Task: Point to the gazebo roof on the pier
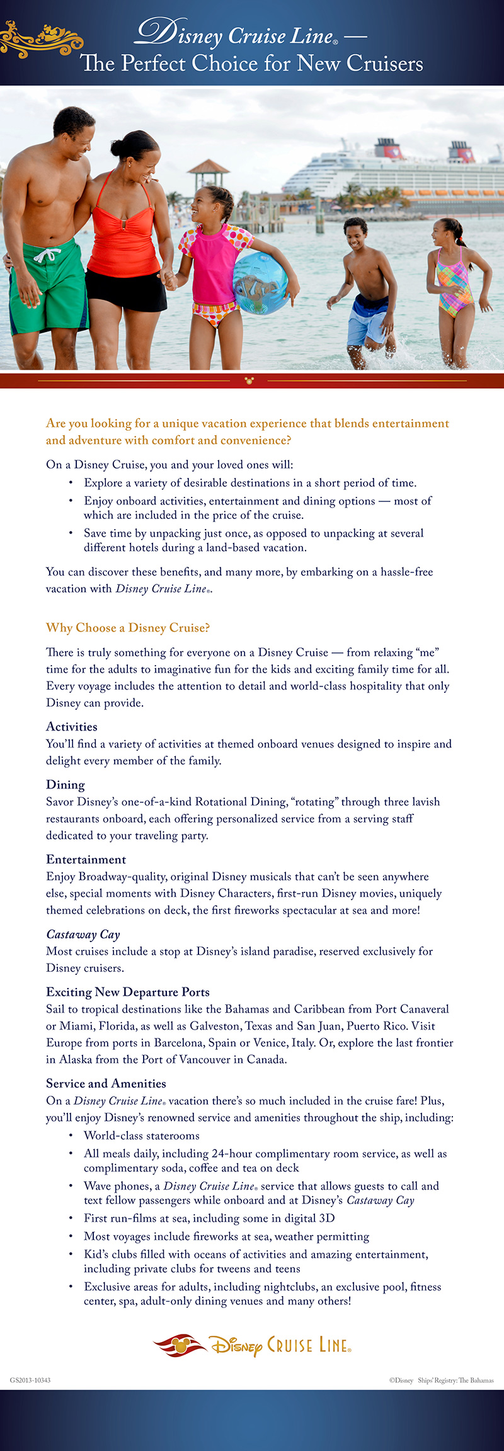208,167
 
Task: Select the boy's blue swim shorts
368,321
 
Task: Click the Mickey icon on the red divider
249,380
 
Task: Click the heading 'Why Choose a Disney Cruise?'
128,628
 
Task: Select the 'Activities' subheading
72,727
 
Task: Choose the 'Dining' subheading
66,785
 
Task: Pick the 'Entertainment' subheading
86,860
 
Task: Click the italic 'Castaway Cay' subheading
83,935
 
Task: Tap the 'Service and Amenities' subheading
106,1084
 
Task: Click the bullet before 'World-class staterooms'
71,1136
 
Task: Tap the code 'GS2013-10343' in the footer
30,1380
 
